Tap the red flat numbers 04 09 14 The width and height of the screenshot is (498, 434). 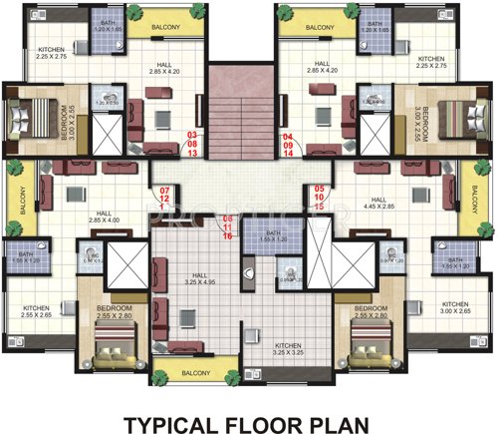[x=289, y=146]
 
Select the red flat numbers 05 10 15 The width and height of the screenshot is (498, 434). [x=320, y=199]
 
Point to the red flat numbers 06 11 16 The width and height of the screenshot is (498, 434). [x=228, y=228]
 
